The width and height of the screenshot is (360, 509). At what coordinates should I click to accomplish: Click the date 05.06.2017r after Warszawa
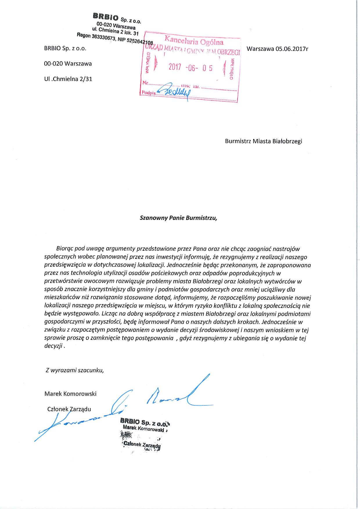(x=292, y=49)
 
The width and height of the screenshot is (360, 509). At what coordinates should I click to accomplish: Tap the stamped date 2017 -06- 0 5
(x=191, y=68)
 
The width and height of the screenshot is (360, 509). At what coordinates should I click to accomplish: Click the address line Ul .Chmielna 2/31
(x=68, y=79)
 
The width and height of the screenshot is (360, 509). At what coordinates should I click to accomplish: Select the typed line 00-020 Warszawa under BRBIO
(x=68, y=64)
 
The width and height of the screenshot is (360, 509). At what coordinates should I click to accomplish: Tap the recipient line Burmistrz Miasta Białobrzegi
(x=263, y=141)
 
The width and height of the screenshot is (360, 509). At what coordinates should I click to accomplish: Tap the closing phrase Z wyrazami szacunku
(x=75, y=370)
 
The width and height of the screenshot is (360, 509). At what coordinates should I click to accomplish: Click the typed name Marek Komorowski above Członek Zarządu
(x=70, y=394)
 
